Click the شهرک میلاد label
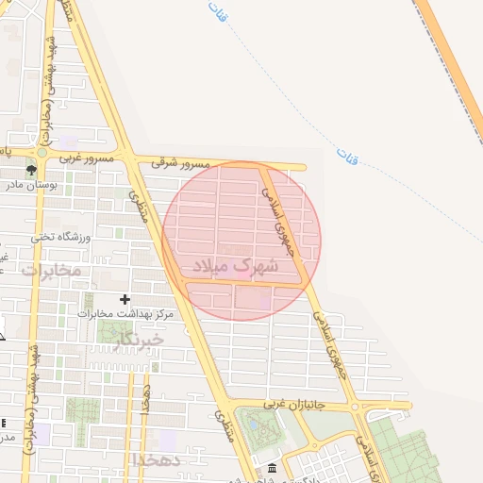(236, 267)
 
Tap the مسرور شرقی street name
(184, 163)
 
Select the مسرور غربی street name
(87, 159)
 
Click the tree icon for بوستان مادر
(32, 171)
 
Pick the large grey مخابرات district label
(51, 270)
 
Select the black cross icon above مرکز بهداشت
(125, 299)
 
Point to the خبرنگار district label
(137, 338)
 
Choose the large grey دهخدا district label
(150, 458)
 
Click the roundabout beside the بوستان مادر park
(41, 152)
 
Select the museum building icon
(273, 469)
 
